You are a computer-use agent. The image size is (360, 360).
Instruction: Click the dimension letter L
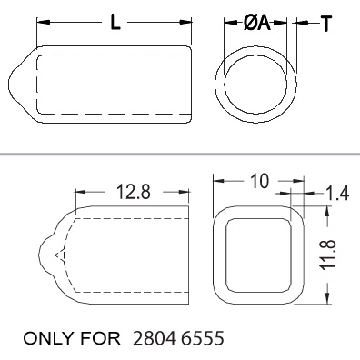point(115,22)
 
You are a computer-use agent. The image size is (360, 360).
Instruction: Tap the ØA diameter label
point(256,23)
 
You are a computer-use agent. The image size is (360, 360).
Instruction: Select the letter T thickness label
point(326,24)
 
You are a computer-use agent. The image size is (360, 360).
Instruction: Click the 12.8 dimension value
point(134,192)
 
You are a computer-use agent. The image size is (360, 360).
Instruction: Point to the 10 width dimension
point(260,181)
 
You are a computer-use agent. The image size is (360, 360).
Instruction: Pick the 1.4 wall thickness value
point(337,193)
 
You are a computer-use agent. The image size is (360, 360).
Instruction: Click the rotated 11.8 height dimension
point(328,255)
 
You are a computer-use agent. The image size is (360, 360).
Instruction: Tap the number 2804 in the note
point(155,338)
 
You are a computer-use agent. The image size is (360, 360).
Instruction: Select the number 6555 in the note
point(203,338)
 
